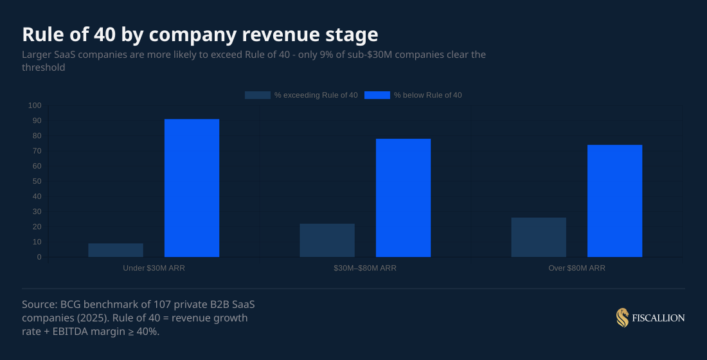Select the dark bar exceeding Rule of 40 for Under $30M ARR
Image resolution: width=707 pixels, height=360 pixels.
pyautogui.click(x=116, y=250)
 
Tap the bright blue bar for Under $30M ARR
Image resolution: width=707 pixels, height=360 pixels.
pyautogui.click(x=192, y=188)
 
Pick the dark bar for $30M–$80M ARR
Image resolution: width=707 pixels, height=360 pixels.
pyautogui.click(x=327, y=240)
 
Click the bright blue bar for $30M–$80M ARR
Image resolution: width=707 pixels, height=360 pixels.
pyautogui.click(x=403, y=198)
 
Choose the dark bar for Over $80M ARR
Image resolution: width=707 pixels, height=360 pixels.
pyautogui.click(x=539, y=237)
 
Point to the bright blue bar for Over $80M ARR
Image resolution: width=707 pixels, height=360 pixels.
pyautogui.click(x=614, y=201)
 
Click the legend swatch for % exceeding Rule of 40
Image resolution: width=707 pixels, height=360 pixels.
pyautogui.click(x=257, y=95)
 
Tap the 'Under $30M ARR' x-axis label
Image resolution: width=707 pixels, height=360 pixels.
pyautogui.click(x=154, y=268)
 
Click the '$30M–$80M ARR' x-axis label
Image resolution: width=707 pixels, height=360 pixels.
pyautogui.click(x=365, y=268)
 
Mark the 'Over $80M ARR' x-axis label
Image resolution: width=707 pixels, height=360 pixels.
pyautogui.click(x=577, y=268)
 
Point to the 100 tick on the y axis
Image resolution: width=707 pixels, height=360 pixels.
pyautogui.click(x=35, y=105)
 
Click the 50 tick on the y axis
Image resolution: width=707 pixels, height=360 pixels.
pyautogui.click(x=37, y=181)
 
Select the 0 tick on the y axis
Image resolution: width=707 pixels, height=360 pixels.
pyautogui.click(x=39, y=257)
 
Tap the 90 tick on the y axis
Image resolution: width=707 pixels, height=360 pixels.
pyautogui.click(x=37, y=121)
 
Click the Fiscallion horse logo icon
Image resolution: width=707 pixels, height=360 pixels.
pyautogui.click(x=622, y=318)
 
